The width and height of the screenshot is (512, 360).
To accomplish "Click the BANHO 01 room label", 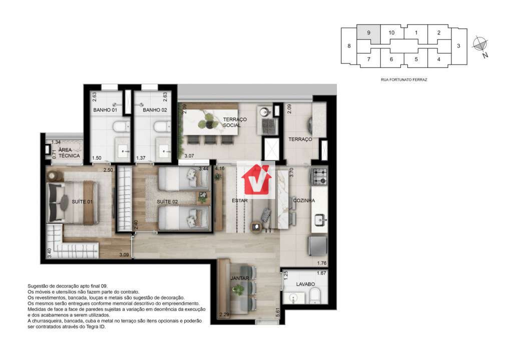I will click(105, 110).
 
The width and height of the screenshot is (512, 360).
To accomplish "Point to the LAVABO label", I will click(305, 284).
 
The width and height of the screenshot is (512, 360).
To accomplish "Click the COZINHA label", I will click(304, 200).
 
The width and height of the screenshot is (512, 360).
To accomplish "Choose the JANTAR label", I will click(240, 278).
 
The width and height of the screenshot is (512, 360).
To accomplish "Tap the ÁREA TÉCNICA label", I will click(69, 152).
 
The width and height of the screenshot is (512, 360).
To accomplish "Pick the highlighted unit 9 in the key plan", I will click(368, 32).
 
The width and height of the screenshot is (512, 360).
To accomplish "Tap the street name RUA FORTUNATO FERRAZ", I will click(404, 79).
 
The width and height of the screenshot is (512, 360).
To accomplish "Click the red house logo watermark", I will click(256, 180).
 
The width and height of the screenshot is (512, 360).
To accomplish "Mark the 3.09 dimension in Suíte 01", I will click(124, 255).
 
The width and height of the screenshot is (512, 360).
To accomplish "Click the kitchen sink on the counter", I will click(320, 219).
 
